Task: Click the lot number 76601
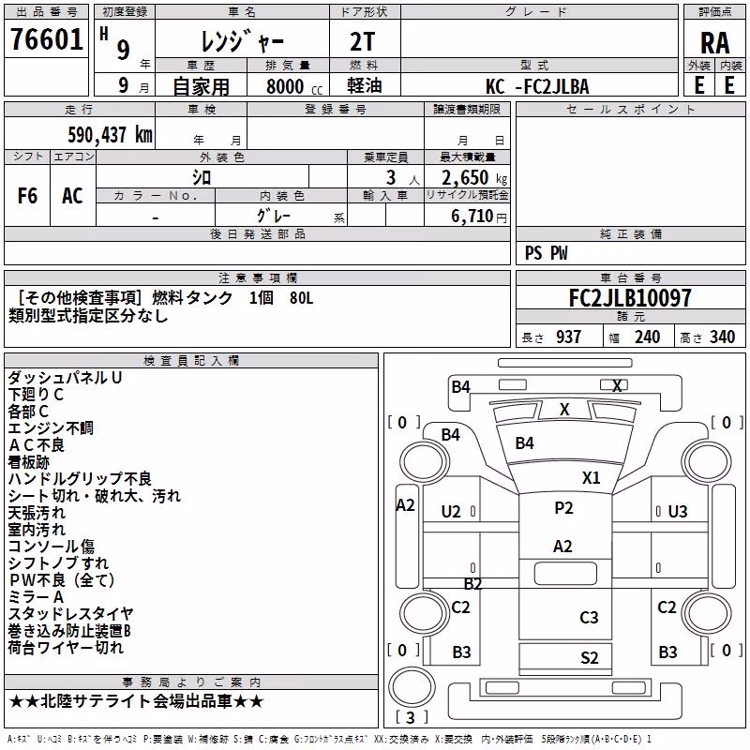click(x=46, y=39)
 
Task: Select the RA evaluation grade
click(x=714, y=43)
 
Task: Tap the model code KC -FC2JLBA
click(x=537, y=86)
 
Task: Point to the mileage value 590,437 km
click(x=110, y=135)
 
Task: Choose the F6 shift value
click(x=27, y=196)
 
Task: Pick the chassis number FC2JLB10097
click(x=630, y=298)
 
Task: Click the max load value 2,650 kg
click(x=474, y=178)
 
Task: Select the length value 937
click(x=568, y=337)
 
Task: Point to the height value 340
click(x=722, y=337)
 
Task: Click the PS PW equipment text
click(x=546, y=253)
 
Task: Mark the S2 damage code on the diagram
click(x=590, y=658)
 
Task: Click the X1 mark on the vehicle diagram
click(x=591, y=478)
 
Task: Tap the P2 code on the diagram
click(x=563, y=508)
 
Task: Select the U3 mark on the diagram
click(x=678, y=512)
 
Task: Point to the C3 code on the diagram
click(x=589, y=618)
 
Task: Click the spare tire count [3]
click(x=412, y=717)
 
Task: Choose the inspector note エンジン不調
click(x=51, y=428)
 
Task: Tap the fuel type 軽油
click(x=365, y=85)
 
